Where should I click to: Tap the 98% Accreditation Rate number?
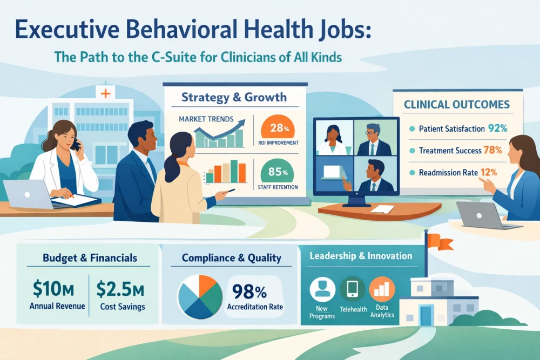249,292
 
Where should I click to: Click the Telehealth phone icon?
353,289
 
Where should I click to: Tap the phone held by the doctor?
76,144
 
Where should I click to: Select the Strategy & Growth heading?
234,98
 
